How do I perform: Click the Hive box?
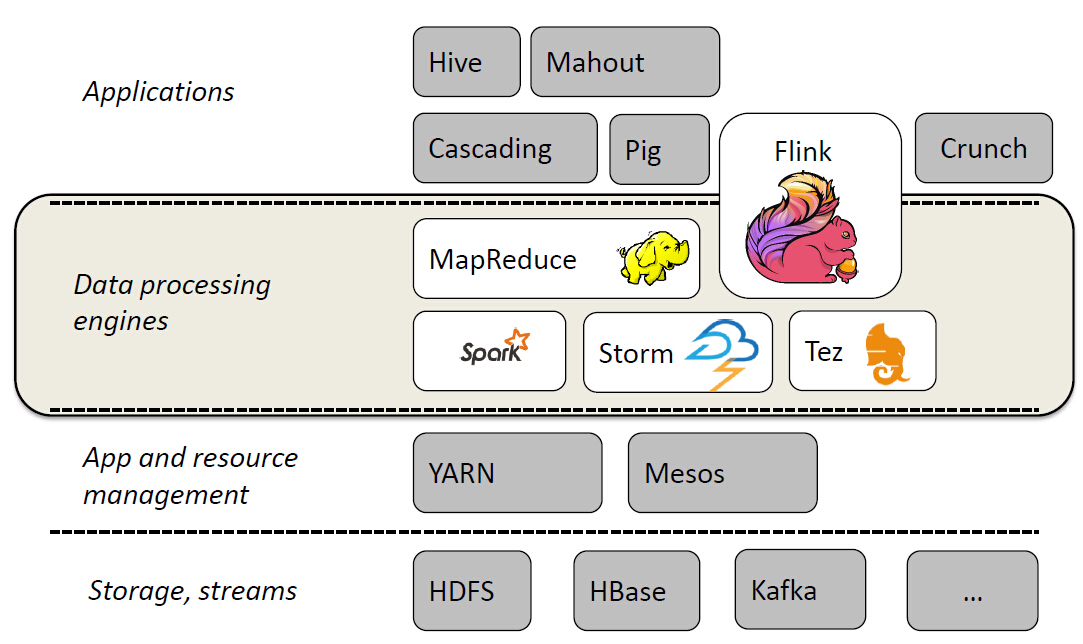tap(466, 62)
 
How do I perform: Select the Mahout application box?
tap(624, 62)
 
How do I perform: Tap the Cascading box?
tap(504, 149)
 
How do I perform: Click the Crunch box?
tap(983, 148)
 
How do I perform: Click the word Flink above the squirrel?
tap(803, 152)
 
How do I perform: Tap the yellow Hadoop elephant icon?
tap(654, 258)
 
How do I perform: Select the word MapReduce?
tap(502, 260)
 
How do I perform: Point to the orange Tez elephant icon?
tap(888, 353)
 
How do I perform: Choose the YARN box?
tap(507, 472)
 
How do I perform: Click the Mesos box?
tap(722, 472)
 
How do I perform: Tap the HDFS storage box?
tap(471, 591)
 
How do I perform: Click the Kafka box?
tap(799, 590)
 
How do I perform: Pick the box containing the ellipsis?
tap(972, 591)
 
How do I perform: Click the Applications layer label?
tap(158, 92)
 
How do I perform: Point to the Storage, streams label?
tap(192, 590)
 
